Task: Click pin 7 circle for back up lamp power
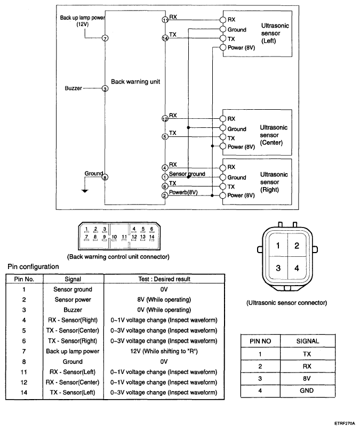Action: (105, 38)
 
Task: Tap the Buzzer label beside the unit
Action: (73, 88)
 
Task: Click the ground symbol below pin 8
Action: (85, 191)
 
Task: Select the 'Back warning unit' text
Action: (135, 82)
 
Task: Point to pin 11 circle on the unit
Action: (165, 20)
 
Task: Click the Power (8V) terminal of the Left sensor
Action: (223, 47)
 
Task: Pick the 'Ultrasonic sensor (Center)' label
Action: (274, 135)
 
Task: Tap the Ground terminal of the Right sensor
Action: (223, 177)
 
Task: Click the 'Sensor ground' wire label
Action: (187, 174)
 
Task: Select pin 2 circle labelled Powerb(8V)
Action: (165, 195)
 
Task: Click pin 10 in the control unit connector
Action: (114, 237)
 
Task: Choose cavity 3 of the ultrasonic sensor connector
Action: (278, 268)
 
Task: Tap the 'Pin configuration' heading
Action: (33, 267)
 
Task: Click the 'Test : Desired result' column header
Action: (164, 279)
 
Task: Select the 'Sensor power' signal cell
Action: (73, 300)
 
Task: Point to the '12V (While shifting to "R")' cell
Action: (164, 351)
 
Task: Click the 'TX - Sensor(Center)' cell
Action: (73, 330)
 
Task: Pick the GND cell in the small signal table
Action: (307, 391)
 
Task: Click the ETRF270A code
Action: (345, 424)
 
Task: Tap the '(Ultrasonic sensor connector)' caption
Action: (286, 303)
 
